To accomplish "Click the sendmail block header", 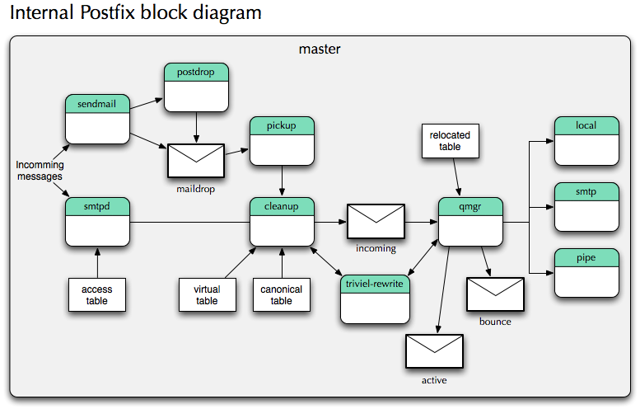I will click(x=98, y=104).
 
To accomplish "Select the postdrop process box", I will click(x=196, y=87).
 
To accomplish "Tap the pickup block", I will click(x=283, y=141).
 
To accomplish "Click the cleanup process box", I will click(x=283, y=221).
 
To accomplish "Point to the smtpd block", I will click(x=98, y=221).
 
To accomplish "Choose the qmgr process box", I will click(x=470, y=221).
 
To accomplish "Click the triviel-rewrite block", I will click(x=375, y=299).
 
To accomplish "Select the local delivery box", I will click(x=586, y=141).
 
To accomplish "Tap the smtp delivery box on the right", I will click(x=586, y=206).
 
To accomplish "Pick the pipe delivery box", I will click(x=586, y=272).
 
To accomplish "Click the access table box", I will click(x=97, y=294).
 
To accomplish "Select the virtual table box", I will click(x=207, y=294).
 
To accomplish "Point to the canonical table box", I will click(x=282, y=294).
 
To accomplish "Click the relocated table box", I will click(x=451, y=140).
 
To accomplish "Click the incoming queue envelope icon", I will click(x=376, y=222).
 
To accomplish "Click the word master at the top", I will click(x=319, y=49).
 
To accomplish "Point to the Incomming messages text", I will click(x=40, y=171).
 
